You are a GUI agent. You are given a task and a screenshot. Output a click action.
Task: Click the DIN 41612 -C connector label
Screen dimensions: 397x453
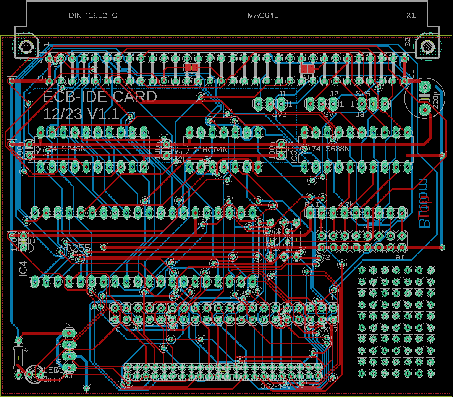93,16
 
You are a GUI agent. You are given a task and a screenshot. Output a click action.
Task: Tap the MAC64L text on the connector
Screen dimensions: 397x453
263,16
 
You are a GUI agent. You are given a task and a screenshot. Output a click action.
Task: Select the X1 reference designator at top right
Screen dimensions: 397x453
411,16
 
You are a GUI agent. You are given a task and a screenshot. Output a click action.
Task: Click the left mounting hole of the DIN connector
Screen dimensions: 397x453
26,47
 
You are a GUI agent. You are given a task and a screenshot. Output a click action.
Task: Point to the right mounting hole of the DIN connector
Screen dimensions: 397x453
427,47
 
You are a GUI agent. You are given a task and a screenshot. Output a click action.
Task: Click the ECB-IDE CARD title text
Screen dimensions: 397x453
100,97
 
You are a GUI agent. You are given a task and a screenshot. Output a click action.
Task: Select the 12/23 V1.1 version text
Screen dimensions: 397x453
81,114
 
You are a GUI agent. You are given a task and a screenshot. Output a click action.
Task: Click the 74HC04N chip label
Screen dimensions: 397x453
210,150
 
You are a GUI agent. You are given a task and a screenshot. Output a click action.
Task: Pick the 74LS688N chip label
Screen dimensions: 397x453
330,149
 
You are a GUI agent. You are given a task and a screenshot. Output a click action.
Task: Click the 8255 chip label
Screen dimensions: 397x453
78,248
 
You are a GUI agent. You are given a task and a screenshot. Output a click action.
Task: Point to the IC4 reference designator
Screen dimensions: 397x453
23,269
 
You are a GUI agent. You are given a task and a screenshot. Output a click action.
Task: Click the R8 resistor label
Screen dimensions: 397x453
26,349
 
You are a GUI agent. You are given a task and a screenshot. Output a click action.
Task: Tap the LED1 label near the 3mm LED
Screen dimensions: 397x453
53,370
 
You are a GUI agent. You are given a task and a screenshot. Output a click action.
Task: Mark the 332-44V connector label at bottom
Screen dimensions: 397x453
276,386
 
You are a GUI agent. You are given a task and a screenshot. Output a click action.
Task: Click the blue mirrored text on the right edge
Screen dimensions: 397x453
424,203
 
